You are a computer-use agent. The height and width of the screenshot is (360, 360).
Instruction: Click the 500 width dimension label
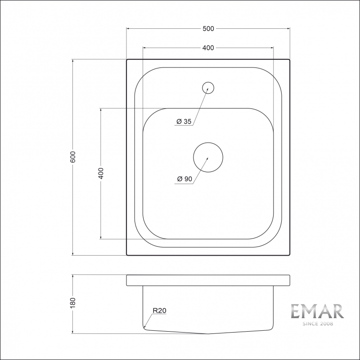[208, 29]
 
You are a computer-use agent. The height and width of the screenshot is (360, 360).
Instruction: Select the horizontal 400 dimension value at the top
[208, 48]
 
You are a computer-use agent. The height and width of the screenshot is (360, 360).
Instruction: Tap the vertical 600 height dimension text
[74, 157]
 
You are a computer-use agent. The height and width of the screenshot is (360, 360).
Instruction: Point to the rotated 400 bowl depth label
[101, 173]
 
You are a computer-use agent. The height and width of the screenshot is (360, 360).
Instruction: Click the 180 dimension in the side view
[74, 304]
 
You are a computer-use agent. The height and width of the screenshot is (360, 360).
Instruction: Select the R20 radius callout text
[160, 310]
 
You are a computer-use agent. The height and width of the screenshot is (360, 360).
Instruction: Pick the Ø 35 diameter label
[184, 121]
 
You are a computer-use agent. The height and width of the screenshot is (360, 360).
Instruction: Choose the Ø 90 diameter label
[184, 179]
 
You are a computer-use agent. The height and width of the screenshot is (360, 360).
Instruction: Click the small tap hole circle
[208, 87]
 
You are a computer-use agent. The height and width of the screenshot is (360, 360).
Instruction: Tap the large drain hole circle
[208, 157]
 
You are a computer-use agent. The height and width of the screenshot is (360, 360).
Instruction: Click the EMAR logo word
[317, 312]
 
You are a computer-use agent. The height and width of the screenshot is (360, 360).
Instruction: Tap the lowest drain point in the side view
[208, 333]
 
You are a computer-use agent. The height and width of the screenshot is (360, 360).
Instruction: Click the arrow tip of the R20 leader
[145, 327]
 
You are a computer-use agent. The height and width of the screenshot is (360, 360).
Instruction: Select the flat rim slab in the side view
[208, 280]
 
